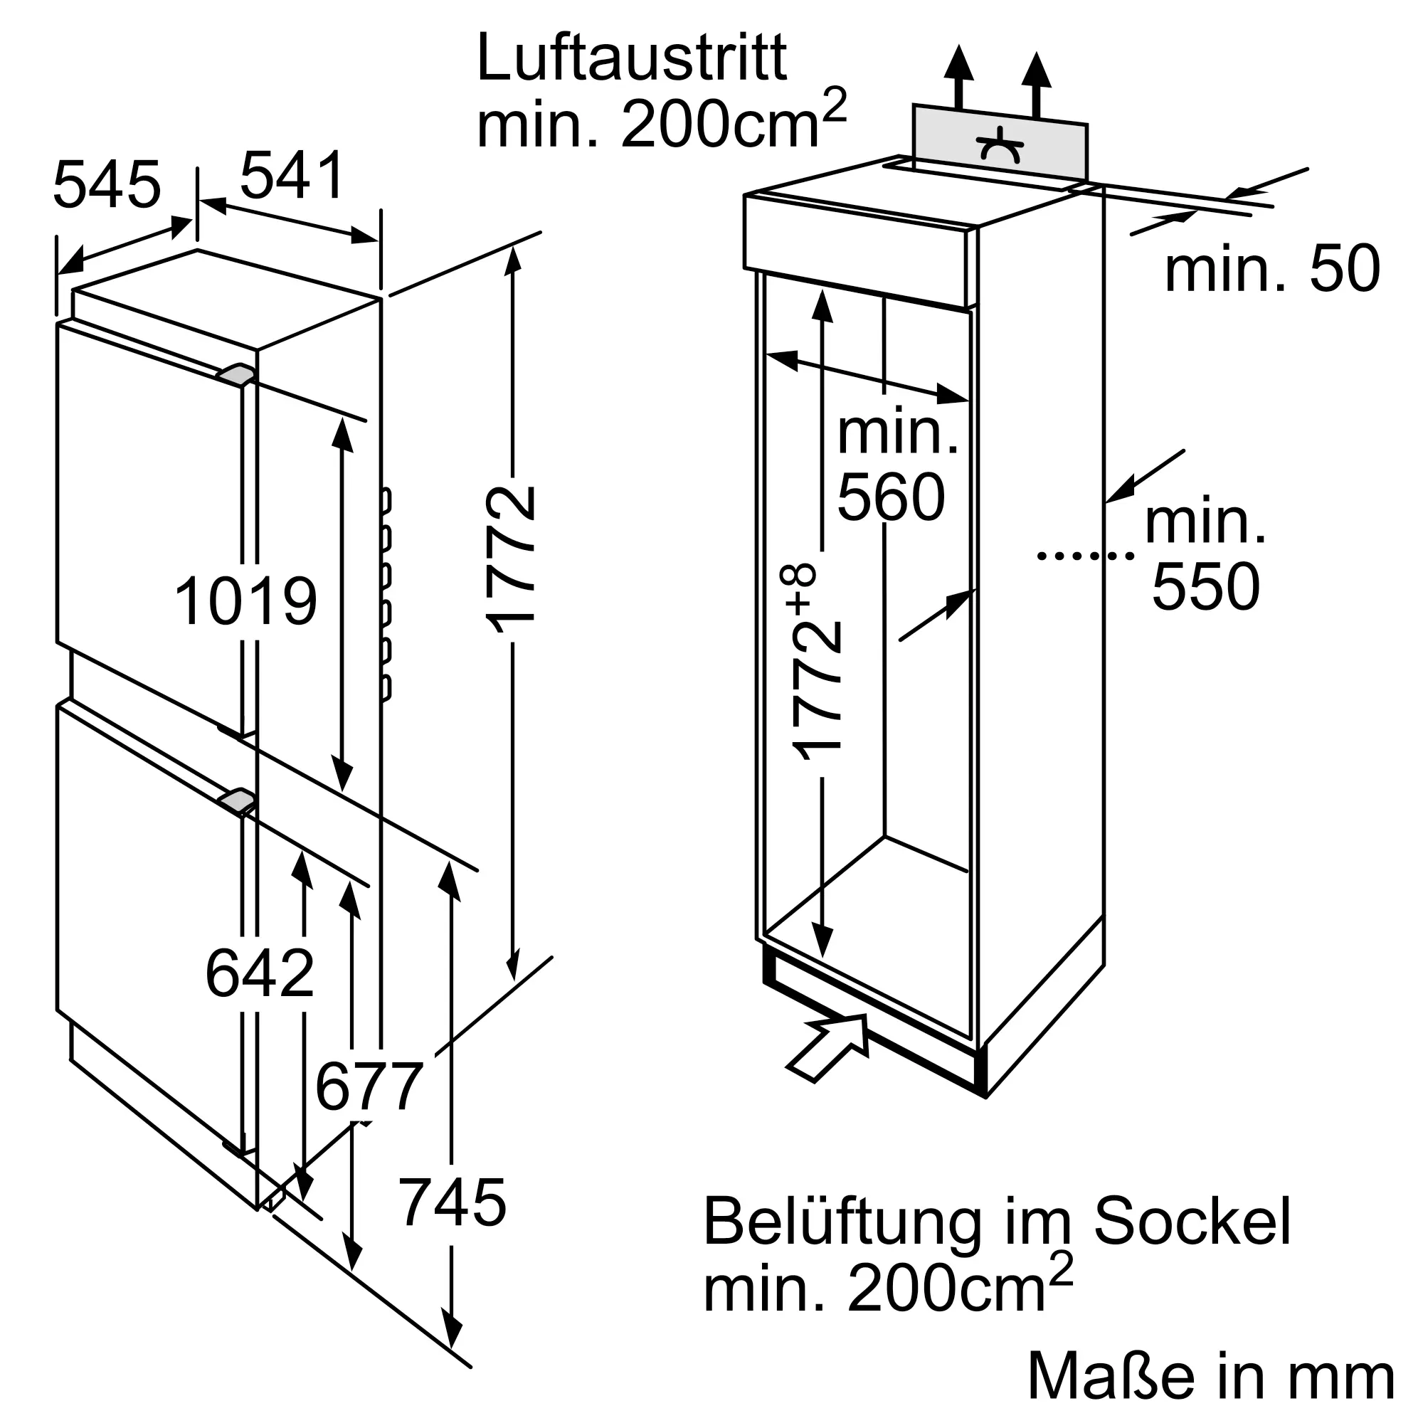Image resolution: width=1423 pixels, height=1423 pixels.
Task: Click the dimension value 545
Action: coord(107,186)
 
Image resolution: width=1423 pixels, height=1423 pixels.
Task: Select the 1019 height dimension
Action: coord(245,603)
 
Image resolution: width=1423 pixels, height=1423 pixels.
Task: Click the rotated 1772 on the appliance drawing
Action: coord(511,560)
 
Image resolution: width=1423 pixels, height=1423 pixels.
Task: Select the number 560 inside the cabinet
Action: coord(892,498)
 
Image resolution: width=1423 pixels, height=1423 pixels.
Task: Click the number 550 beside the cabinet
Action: coord(1206,587)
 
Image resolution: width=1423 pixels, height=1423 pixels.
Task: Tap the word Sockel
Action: coord(1192,1222)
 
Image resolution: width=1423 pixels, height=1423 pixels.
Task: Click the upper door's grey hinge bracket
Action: coord(235,375)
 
